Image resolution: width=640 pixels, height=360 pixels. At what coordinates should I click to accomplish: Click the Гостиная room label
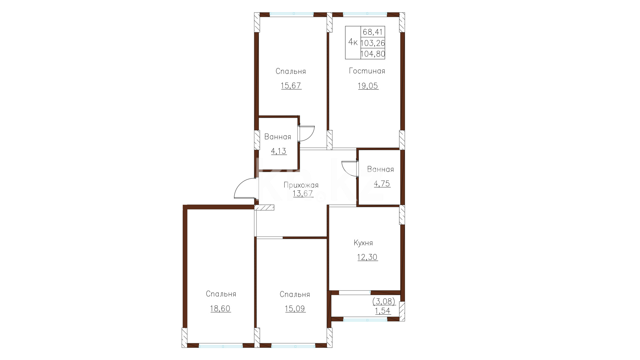click(x=367, y=71)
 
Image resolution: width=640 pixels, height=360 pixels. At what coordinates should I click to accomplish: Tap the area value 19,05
click(x=368, y=86)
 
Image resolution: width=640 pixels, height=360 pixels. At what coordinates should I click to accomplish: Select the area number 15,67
click(x=291, y=86)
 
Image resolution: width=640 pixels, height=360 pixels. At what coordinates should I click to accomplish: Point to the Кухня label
click(x=363, y=243)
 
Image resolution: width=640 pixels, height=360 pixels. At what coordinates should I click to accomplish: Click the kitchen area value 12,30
click(x=368, y=257)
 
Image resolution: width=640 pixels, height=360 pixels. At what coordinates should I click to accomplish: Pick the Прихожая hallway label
click(x=301, y=185)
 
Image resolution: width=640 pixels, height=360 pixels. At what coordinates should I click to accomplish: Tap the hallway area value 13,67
click(x=303, y=194)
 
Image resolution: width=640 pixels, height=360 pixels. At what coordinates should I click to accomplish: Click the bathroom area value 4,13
click(x=279, y=151)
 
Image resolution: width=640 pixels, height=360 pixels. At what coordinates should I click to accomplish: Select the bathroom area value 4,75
click(x=382, y=184)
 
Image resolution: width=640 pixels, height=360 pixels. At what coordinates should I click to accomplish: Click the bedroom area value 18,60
click(x=220, y=309)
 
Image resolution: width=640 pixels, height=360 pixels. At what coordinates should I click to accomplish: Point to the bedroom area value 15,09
click(x=295, y=309)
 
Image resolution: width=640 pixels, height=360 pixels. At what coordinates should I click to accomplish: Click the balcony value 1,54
click(x=383, y=311)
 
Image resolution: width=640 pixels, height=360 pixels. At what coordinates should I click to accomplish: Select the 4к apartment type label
click(x=353, y=42)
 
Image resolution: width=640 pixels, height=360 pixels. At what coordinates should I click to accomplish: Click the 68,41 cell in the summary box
click(x=373, y=32)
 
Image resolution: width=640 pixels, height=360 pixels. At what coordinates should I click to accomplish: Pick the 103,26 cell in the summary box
click(x=373, y=43)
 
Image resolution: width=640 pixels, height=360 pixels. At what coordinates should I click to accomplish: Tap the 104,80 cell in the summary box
click(x=373, y=54)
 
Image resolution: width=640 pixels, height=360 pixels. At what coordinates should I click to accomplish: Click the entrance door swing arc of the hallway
click(x=241, y=184)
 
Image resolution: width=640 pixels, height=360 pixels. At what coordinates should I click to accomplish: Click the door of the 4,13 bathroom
click(x=307, y=133)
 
